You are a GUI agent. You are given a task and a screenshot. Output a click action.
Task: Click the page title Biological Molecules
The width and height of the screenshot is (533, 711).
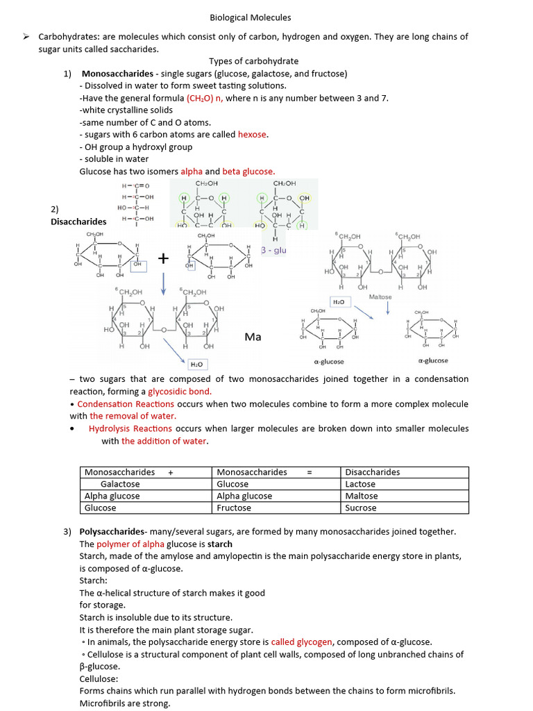click(x=250, y=17)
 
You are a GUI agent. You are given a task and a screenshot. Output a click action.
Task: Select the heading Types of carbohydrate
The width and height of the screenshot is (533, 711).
click(x=253, y=61)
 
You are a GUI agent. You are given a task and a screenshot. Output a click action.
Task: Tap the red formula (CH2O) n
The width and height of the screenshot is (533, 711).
click(x=204, y=98)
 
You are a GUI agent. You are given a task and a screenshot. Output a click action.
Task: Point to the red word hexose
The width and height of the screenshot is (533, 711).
click(x=253, y=135)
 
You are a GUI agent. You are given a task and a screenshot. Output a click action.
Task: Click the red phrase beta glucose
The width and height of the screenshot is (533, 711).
click(x=248, y=172)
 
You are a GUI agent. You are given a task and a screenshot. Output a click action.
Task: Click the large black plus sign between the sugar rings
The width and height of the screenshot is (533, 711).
click(x=164, y=259)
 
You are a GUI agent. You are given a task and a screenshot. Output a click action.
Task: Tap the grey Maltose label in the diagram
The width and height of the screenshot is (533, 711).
click(x=380, y=297)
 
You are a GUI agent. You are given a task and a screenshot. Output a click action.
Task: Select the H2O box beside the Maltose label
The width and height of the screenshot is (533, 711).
click(x=339, y=303)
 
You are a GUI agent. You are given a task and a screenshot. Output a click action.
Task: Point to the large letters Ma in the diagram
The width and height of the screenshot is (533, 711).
click(x=253, y=337)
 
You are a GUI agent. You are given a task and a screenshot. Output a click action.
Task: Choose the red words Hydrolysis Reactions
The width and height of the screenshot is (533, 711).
click(x=130, y=428)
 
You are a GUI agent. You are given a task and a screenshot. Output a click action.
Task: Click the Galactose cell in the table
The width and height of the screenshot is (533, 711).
click(x=120, y=484)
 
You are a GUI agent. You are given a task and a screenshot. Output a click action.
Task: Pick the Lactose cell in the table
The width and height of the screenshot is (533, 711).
click(x=360, y=484)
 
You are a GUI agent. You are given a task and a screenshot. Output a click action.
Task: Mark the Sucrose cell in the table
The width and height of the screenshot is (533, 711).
click(x=360, y=508)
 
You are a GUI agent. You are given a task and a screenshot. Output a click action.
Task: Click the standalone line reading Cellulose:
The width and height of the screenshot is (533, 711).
click(x=99, y=678)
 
